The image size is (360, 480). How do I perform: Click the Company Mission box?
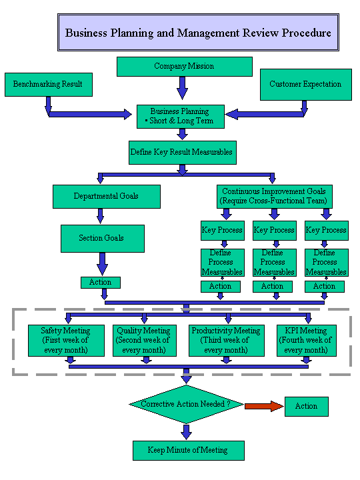coord(185,67)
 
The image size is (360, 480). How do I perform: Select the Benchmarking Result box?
coord(49,85)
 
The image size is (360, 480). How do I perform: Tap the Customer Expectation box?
coord(306,85)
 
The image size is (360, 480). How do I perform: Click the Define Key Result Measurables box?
coord(183,153)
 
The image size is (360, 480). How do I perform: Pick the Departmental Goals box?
coord(107,197)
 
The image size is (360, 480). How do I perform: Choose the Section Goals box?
coord(103,239)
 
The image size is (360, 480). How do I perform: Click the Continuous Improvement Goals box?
coord(275,197)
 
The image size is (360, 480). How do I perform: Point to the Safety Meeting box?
coord(66,341)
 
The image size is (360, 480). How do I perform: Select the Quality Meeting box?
coord(145,341)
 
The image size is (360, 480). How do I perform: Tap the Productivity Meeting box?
coord(227,341)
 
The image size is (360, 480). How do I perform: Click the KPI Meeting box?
coord(307,341)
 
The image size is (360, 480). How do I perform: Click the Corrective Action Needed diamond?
coord(186,405)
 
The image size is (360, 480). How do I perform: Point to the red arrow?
coord(264,406)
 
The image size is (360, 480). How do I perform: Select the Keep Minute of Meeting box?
coord(189,450)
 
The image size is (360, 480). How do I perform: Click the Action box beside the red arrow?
coord(307,407)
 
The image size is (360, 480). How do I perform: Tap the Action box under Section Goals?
coord(101,283)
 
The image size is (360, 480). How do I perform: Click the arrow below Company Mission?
coord(183,88)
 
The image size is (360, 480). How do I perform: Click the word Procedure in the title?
coord(307,33)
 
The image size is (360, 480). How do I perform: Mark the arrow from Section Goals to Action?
coord(102,264)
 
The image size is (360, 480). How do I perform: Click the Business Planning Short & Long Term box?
coord(181,117)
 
